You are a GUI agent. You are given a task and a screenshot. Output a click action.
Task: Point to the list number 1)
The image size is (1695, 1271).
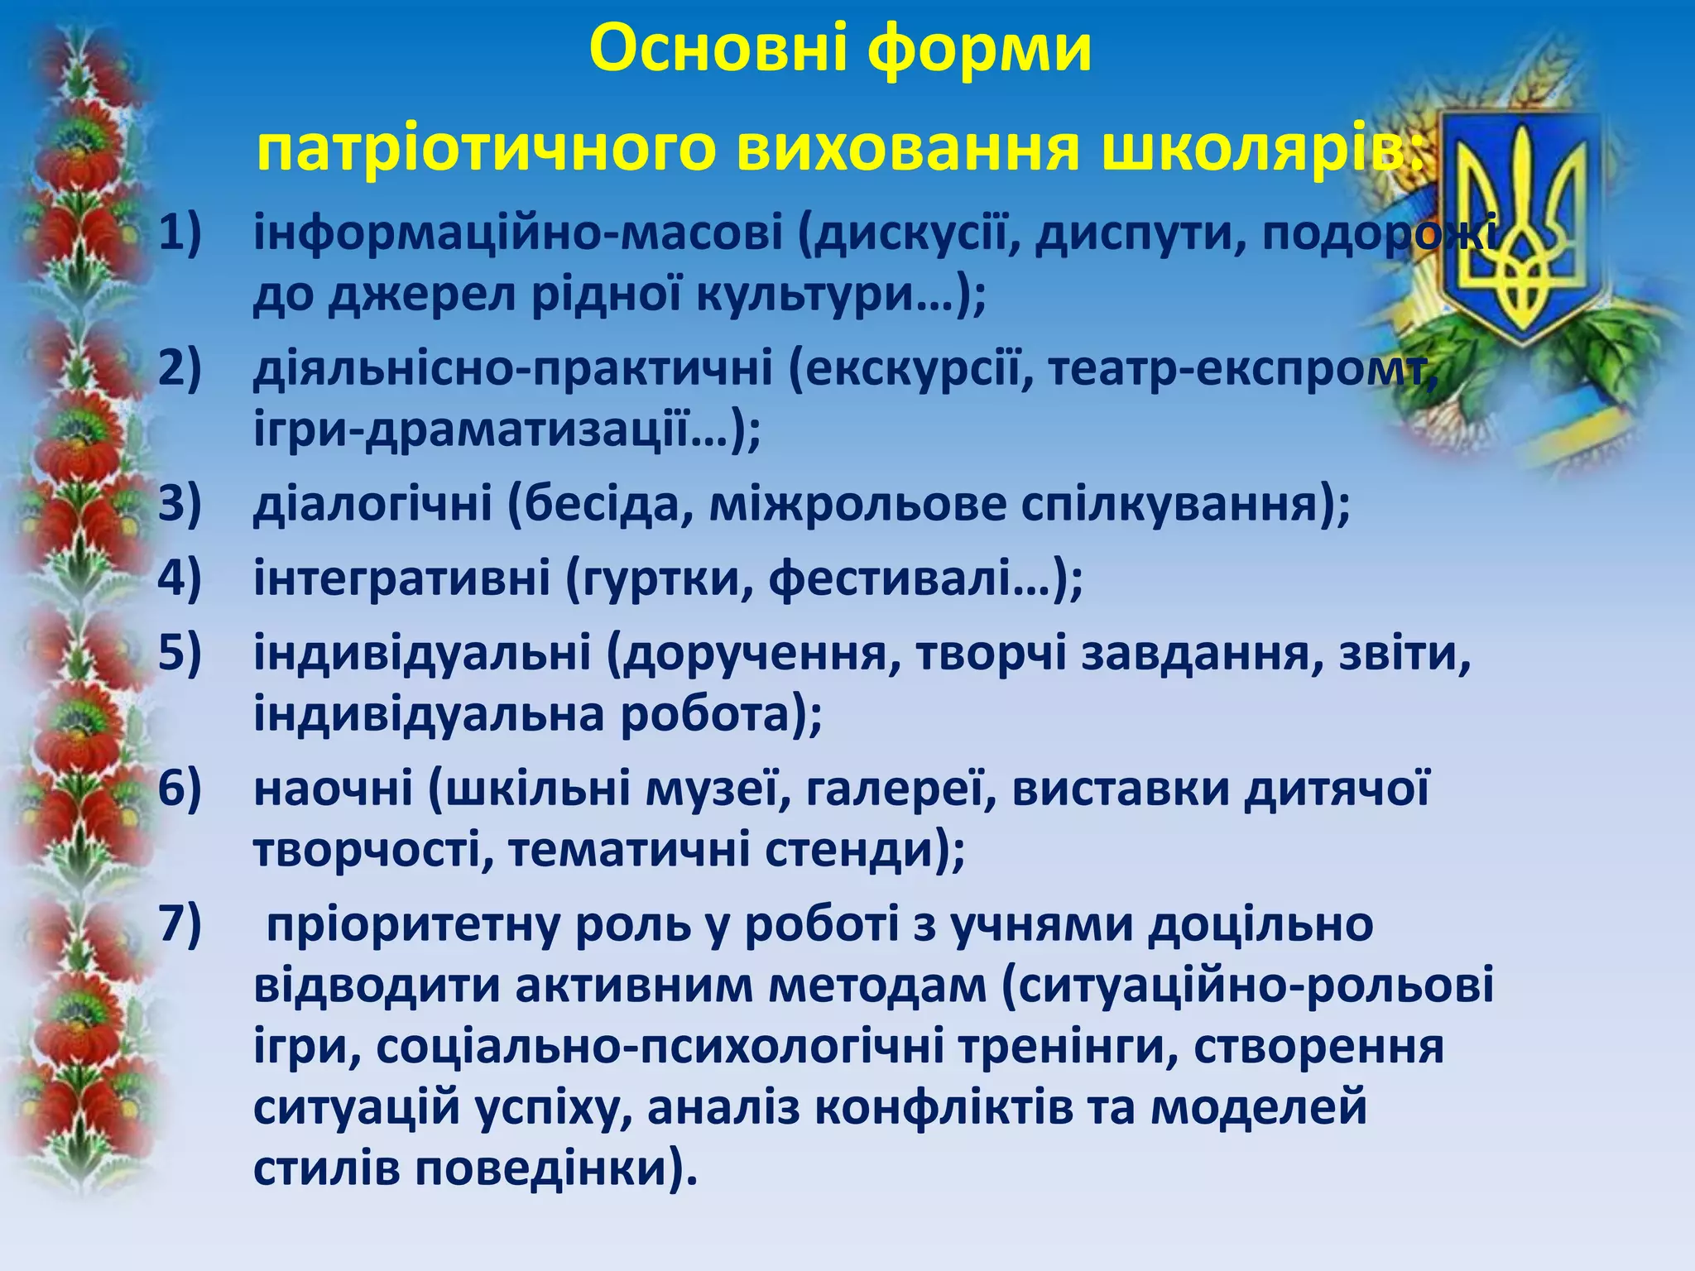click(180, 233)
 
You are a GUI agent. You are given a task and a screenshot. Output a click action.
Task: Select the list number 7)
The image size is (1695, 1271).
click(180, 923)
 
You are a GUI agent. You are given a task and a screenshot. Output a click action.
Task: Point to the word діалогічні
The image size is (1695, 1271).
click(372, 504)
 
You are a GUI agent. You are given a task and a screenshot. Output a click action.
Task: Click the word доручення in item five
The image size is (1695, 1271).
click(755, 653)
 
